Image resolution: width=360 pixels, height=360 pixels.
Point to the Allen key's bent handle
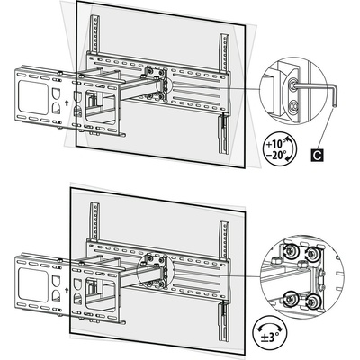click(x=334, y=95)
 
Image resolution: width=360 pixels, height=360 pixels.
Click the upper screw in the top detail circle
click(x=294, y=85)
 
